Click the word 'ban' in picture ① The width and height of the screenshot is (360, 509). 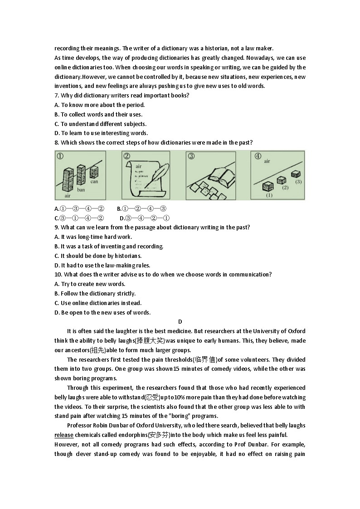(81, 189)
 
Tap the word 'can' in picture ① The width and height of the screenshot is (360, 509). (94, 182)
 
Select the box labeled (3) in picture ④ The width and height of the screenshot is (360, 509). (296, 174)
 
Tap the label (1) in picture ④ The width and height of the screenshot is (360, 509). (269, 195)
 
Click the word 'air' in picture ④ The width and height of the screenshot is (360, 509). (267, 161)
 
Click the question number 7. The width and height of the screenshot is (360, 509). (56, 95)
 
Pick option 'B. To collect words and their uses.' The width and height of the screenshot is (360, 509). (98, 114)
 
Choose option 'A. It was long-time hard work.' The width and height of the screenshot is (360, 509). (93, 237)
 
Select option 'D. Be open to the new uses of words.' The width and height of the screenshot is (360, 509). (102, 312)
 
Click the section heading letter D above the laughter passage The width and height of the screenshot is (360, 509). (180, 322)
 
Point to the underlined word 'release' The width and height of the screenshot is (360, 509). (64, 435)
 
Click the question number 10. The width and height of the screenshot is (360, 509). (58, 274)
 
